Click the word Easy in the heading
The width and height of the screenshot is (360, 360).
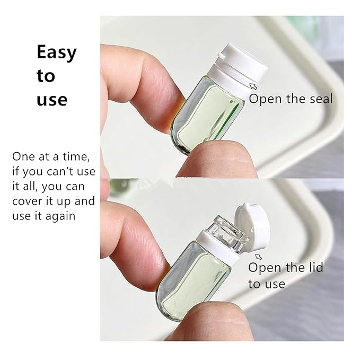pos(57,53)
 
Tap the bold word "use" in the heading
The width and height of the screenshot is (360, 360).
pos(52,100)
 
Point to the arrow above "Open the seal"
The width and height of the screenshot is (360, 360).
pos(253,86)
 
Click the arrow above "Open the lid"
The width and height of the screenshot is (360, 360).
pos(259,257)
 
